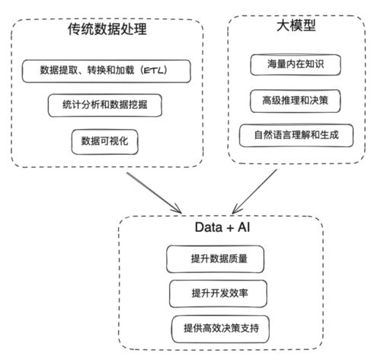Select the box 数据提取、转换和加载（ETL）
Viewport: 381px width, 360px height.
[106, 71]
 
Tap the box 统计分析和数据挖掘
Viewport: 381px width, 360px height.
[105, 104]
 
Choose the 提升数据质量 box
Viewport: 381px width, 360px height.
[217, 259]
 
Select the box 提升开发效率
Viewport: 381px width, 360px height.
[217, 292]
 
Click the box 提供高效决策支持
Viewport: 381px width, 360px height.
[221, 327]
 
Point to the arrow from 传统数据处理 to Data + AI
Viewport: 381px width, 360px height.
[156, 192]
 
